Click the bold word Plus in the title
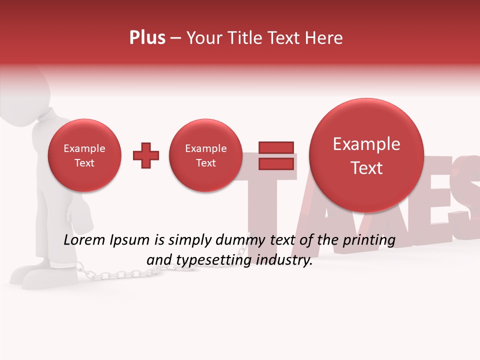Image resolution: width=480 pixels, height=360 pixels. pos(147,38)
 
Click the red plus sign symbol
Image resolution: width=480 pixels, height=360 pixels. pos(146,155)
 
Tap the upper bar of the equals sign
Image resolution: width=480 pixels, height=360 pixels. pos(275,147)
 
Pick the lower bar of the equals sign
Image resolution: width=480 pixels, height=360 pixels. pos(275,163)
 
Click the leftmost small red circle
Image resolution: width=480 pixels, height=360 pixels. pos(84,155)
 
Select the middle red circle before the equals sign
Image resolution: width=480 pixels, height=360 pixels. pos(205,155)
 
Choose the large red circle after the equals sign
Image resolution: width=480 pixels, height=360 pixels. pos(366,155)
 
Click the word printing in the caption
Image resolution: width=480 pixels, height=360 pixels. pos(368,240)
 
